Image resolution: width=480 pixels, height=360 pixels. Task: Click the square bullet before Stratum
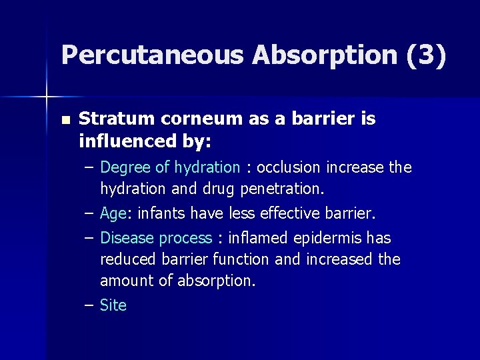[x=65, y=121]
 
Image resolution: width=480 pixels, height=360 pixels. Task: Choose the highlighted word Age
[x=113, y=214]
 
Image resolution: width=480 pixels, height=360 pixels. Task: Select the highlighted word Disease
[x=127, y=238]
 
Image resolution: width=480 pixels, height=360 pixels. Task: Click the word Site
[x=113, y=305]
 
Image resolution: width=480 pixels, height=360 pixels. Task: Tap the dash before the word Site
[x=89, y=305]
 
